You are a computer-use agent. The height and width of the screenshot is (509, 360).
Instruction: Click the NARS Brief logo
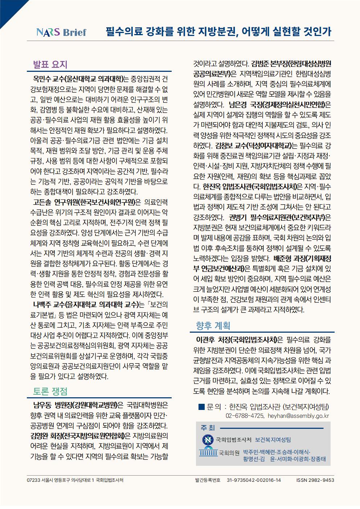(61, 32)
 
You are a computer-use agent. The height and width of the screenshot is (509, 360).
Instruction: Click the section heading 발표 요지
(50, 65)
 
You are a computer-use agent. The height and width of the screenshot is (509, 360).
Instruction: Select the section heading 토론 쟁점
(50, 391)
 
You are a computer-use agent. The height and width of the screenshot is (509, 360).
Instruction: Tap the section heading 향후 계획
(213, 325)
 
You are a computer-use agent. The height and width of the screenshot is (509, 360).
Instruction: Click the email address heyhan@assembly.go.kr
(298, 416)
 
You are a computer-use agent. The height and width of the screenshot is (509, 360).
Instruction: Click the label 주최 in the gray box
(208, 428)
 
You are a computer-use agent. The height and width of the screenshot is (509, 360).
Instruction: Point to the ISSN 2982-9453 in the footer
(315, 480)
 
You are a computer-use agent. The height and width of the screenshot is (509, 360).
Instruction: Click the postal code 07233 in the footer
(33, 480)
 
